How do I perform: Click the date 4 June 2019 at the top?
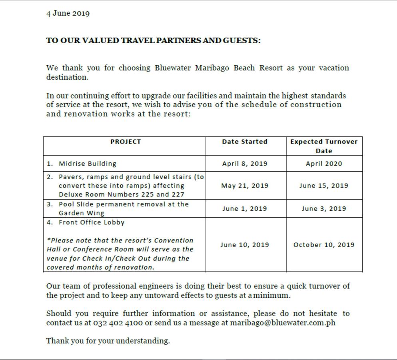[68, 14]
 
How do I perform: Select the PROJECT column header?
[126, 142]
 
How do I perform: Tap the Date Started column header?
[245, 142]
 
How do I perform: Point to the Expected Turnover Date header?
[324, 146]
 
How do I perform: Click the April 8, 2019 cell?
[245, 164]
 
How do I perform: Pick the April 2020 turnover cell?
[324, 164]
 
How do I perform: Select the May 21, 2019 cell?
[245, 186]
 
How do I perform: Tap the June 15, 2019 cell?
[324, 186]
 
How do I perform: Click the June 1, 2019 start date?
[245, 208]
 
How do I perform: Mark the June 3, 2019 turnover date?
[324, 208]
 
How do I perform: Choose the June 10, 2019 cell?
[245, 245]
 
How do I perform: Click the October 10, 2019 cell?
[324, 245]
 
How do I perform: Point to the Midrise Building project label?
[88, 164]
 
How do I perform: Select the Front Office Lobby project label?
[92, 222]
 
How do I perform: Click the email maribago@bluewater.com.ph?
[283, 323]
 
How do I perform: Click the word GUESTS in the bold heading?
[241, 41]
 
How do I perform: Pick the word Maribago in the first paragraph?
[212, 68]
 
